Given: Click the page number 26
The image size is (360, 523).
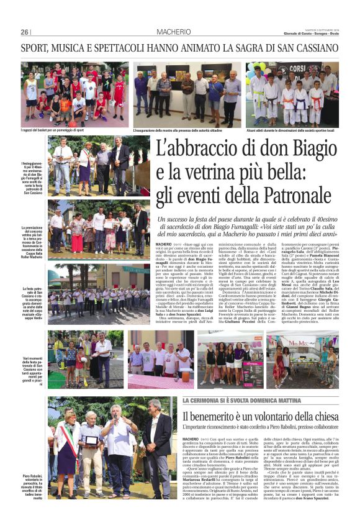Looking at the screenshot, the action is pyautogui.click(x=24, y=32).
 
